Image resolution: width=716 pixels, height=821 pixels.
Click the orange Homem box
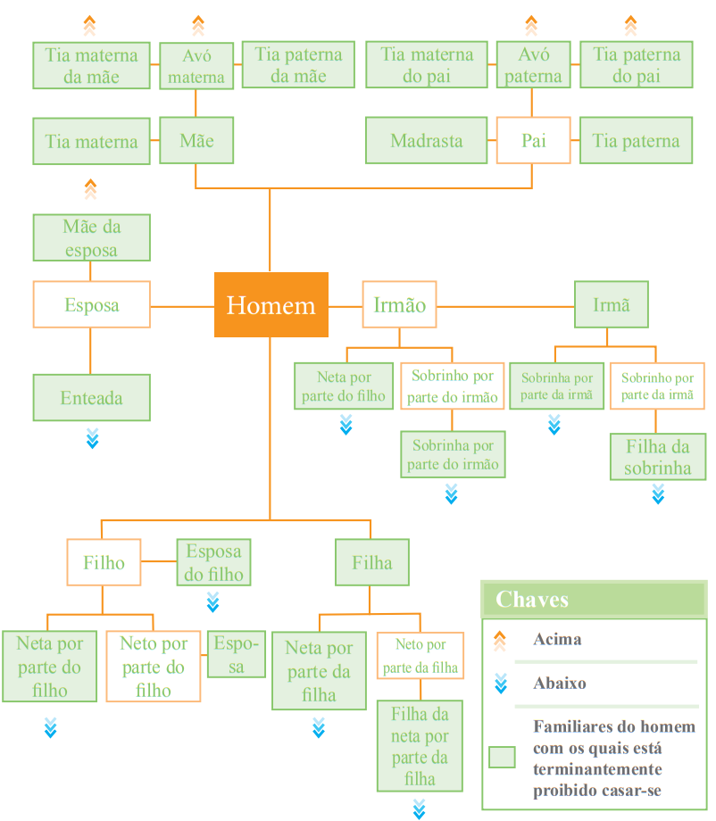tap(271, 304)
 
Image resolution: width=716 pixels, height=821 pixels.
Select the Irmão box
tap(400, 304)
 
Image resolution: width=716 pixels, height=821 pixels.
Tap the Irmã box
tap(612, 304)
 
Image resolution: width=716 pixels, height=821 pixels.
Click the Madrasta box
tap(427, 140)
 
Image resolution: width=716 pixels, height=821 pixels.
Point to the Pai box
tap(533, 140)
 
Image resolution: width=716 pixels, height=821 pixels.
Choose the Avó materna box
tap(196, 66)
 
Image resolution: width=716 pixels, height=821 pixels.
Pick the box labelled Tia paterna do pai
tap(637, 65)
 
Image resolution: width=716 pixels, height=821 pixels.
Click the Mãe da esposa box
tap(92, 237)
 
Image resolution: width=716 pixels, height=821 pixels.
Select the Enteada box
tap(92, 397)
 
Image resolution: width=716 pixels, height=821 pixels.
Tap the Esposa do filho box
tap(213, 562)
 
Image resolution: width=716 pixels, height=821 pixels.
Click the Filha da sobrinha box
tap(658, 457)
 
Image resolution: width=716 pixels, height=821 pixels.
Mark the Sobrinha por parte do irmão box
tap(453, 454)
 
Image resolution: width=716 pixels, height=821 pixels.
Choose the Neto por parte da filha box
tap(420, 656)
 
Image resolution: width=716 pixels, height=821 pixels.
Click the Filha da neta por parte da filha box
tap(420, 746)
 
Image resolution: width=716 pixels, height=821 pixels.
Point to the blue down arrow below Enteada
tap(92, 438)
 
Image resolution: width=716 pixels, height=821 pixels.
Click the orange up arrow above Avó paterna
tap(531, 25)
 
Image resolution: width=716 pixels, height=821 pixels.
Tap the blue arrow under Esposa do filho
tap(212, 602)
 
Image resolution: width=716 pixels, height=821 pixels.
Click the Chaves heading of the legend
tap(532, 599)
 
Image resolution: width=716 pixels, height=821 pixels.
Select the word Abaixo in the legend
tap(560, 683)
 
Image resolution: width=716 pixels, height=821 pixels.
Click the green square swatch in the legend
tap(502, 757)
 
